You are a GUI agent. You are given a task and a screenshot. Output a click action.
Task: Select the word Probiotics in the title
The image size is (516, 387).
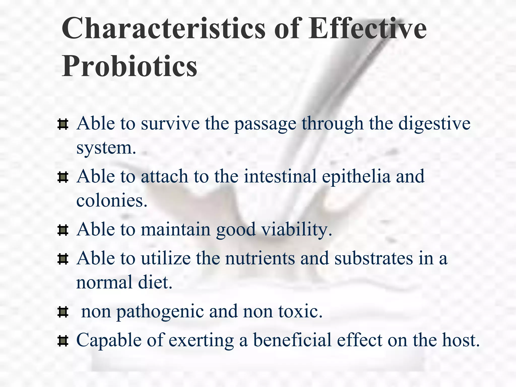pos(130,66)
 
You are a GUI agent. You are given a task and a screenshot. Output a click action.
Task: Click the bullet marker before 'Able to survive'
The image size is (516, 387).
pos(63,124)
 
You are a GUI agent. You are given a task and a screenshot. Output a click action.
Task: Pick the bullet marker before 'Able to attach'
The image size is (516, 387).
pos(63,177)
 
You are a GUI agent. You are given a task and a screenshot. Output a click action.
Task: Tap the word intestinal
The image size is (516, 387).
pos(280,176)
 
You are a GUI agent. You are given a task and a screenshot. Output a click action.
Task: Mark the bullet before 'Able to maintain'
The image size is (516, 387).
pos(63,230)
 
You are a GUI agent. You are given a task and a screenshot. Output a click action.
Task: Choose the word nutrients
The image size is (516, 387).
pos(260,259)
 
